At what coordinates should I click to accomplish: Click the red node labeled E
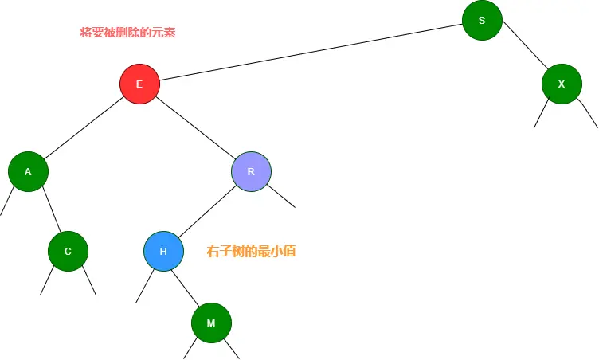(x=139, y=84)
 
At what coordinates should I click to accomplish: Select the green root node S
(x=482, y=20)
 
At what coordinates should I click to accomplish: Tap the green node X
(x=562, y=84)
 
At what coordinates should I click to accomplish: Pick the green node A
(x=28, y=171)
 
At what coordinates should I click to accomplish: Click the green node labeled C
(x=68, y=251)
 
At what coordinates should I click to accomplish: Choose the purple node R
(x=251, y=171)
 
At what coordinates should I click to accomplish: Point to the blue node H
(x=163, y=251)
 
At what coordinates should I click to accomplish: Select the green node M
(x=211, y=323)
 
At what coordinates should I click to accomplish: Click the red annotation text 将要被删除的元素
(x=127, y=33)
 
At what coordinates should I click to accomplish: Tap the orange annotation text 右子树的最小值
(x=251, y=251)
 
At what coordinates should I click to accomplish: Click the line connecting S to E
(x=311, y=52)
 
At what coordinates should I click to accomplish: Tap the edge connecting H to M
(x=186, y=286)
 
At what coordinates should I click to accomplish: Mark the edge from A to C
(x=48, y=211)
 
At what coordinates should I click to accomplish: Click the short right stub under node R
(x=281, y=196)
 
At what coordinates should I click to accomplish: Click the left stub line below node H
(x=145, y=285)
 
